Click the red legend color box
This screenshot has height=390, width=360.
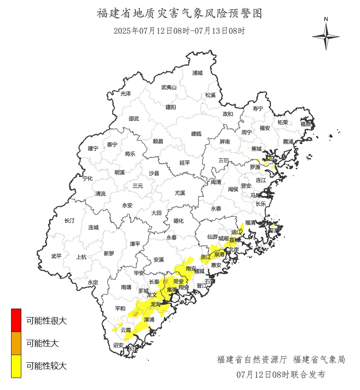(x=16, y=320)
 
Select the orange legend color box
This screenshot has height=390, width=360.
(x=16, y=343)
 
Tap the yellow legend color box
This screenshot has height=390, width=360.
(x=16, y=366)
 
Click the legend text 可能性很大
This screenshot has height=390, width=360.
(x=46, y=321)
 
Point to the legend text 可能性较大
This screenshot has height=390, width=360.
(x=46, y=366)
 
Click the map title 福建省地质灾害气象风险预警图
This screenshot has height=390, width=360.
(x=179, y=13)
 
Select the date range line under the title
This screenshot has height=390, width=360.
(x=179, y=31)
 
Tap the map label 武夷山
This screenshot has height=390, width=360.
(x=169, y=87)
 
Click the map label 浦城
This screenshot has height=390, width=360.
(x=197, y=73)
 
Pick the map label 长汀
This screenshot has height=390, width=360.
(x=69, y=220)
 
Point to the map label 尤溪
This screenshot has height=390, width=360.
(x=180, y=193)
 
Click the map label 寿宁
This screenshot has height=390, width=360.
(x=258, y=109)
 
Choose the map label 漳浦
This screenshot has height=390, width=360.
(x=149, y=319)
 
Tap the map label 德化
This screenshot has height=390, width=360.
(x=178, y=221)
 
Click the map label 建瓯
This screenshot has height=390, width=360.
(x=196, y=133)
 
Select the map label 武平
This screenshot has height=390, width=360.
(x=56, y=256)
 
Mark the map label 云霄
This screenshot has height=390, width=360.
(x=126, y=330)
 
